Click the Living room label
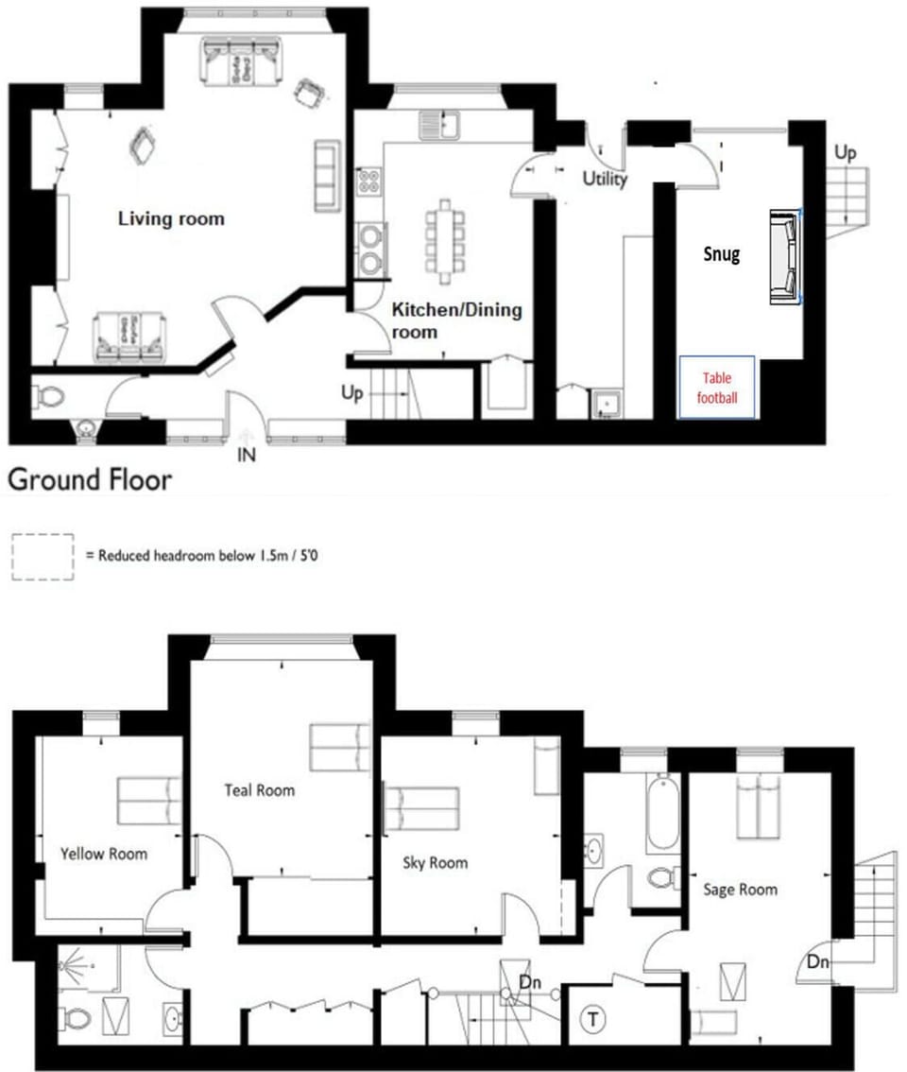(x=171, y=218)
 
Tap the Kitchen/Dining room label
(x=456, y=320)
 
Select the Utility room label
(x=605, y=178)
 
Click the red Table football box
(x=718, y=386)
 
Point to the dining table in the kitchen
(x=445, y=241)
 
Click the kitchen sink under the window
(x=440, y=123)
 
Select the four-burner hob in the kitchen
(x=368, y=182)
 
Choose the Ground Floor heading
(x=90, y=479)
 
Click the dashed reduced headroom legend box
(x=43, y=556)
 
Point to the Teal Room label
(x=259, y=789)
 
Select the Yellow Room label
(x=104, y=854)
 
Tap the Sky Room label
(x=435, y=862)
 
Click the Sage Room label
(x=740, y=889)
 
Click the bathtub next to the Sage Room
(x=661, y=812)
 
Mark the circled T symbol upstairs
(x=593, y=1020)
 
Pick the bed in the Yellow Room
(x=149, y=800)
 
